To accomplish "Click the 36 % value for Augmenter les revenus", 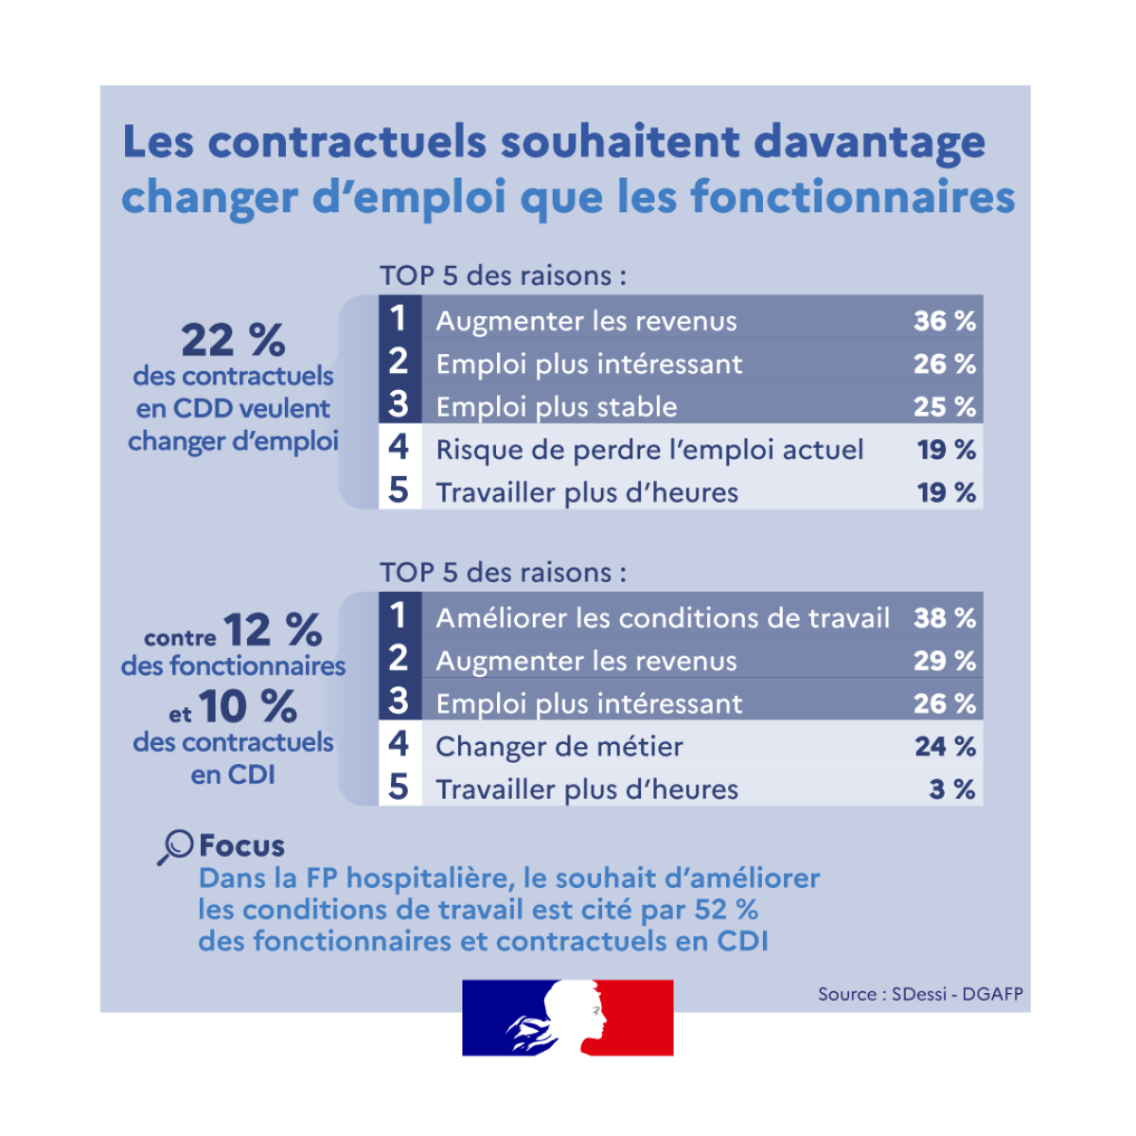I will click(944, 321).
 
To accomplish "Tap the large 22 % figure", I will click(233, 339).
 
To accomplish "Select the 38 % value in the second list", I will click(944, 618).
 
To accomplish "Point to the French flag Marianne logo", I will click(568, 1018).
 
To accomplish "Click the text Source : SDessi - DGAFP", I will click(920, 994).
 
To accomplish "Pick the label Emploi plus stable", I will click(557, 407).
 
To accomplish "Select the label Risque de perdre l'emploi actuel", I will click(649, 450).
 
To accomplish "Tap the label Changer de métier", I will click(559, 747).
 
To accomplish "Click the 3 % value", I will click(951, 790).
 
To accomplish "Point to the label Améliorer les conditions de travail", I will click(663, 618).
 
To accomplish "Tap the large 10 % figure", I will click(248, 706).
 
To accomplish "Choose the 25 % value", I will click(944, 407).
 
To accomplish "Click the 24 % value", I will click(945, 747).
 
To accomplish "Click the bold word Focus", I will click(241, 845).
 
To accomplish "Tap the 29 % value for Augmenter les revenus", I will click(944, 661).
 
